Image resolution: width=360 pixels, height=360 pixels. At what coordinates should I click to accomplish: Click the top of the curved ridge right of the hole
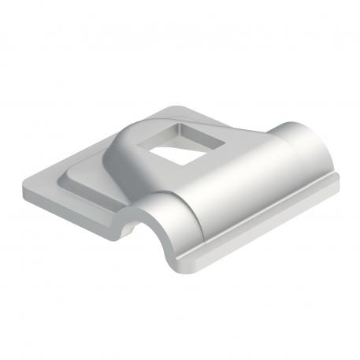(236, 158)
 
